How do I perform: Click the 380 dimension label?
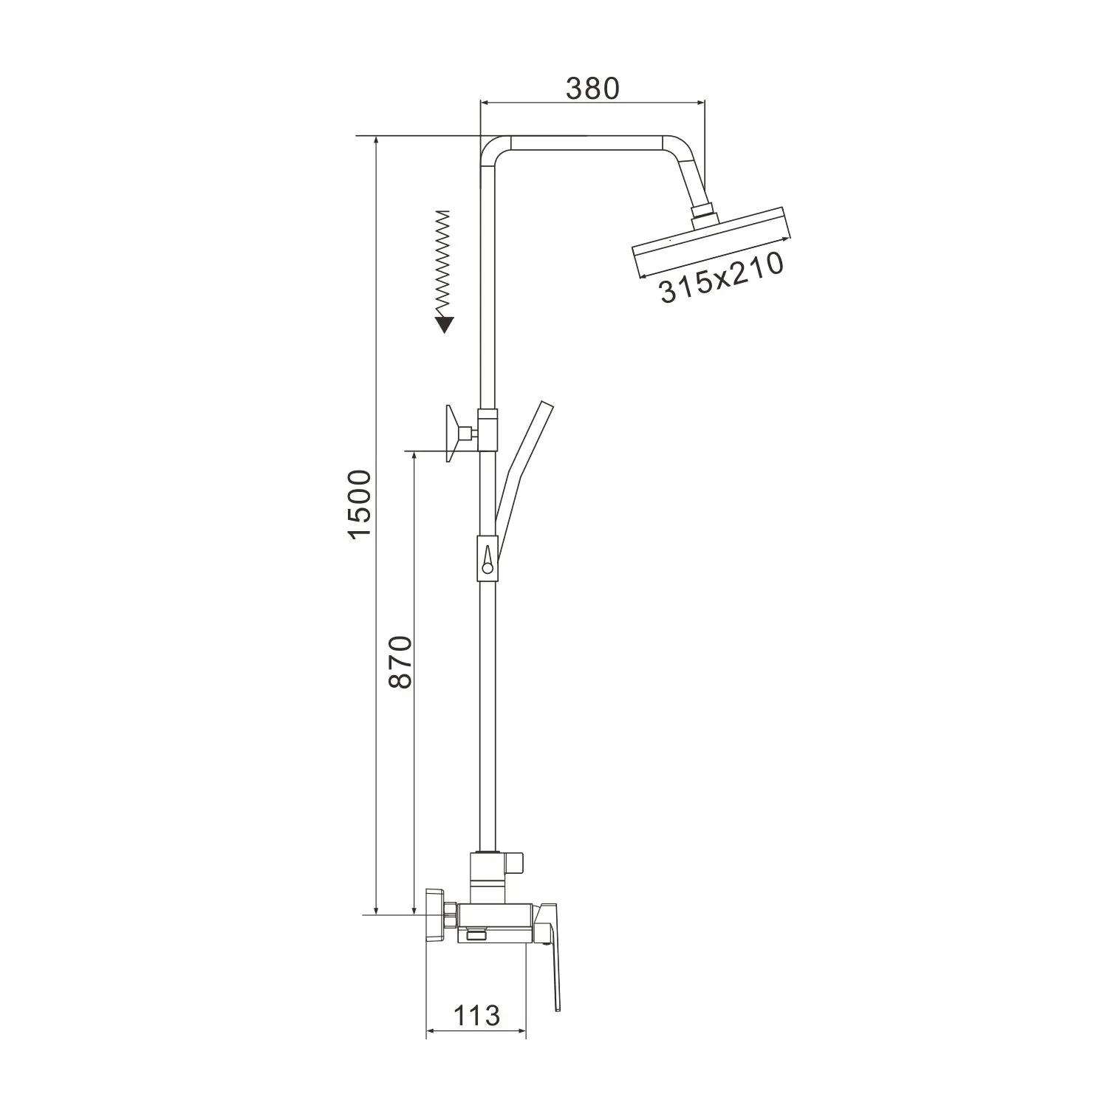[x=592, y=88]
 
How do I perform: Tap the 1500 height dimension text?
[x=360, y=504]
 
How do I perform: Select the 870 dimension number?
[x=400, y=662]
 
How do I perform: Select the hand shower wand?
[x=521, y=466]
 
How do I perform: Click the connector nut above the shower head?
[x=702, y=215]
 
